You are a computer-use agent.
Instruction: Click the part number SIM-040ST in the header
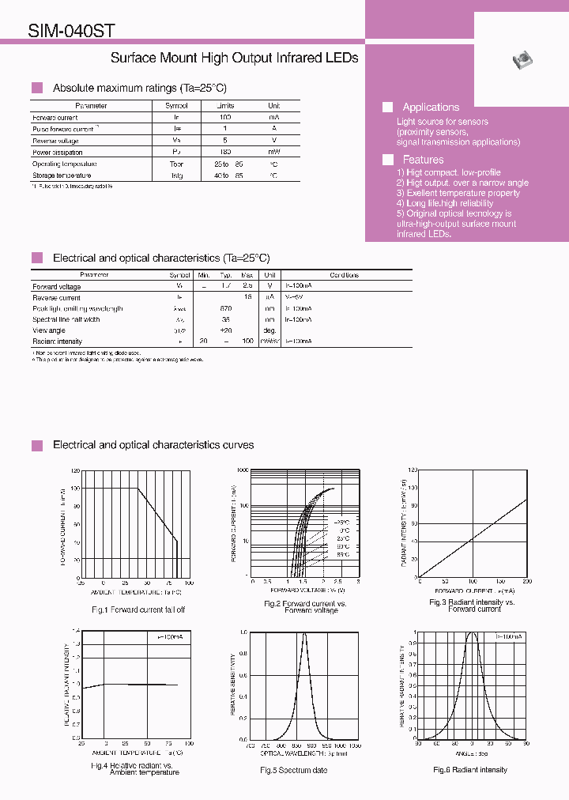[72, 31]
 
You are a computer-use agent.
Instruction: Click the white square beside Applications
[388, 107]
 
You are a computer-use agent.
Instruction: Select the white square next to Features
[388, 159]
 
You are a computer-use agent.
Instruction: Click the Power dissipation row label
[57, 152]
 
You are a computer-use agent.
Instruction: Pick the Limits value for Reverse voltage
[225, 140]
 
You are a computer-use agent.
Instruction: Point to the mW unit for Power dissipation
[273, 152]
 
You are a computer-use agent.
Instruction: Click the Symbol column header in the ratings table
[176, 105]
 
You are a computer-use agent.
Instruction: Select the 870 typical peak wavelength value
[226, 308]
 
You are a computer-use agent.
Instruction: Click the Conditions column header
[344, 275]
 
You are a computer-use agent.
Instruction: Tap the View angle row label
[50, 330]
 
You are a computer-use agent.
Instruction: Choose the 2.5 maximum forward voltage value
[247, 286]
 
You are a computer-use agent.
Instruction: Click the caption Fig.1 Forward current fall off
[138, 609]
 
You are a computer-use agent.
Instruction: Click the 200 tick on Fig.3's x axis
[526, 582]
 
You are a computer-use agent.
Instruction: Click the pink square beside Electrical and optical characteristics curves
[36, 446]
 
